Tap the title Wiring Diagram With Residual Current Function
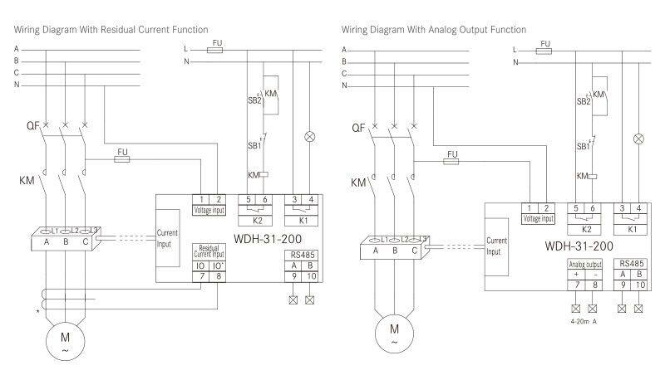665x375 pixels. coord(111,30)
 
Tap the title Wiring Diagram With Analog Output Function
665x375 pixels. coord(434,30)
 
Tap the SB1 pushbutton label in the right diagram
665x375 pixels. coord(584,146)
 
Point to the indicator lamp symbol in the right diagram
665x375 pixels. coord(638,139)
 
